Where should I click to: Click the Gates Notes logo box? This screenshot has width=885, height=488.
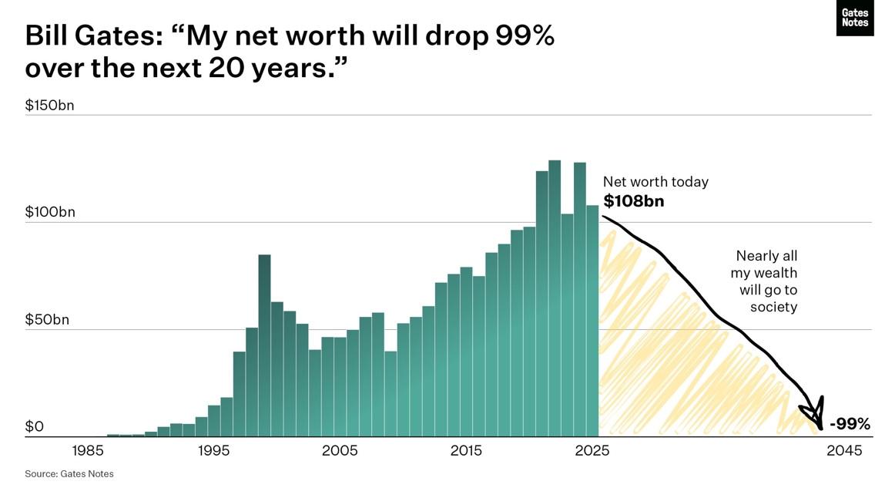point(854,18)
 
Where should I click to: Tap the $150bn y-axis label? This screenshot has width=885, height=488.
point(49,106)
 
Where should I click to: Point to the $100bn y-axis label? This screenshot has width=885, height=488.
point(50,212)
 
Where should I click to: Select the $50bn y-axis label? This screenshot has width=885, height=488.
point(47,320)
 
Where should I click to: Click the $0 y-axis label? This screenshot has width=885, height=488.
point(35,426)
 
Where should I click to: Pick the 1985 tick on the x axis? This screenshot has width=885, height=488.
point(88,451)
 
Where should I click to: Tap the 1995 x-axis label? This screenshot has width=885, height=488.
point(213,451)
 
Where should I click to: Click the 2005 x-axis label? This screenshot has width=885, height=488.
point(340,451)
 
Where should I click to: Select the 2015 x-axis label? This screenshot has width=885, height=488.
point(466,451)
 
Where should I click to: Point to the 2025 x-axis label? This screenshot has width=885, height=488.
point(592,451)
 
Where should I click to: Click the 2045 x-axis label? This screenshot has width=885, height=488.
point(844,451)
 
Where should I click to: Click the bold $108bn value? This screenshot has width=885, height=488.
point(633,202)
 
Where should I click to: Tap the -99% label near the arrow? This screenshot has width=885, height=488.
point(850,424)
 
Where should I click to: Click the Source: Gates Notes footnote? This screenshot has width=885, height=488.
point(69,474)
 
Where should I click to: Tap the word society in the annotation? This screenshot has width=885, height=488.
point(773,307)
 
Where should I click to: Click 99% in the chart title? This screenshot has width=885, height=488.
point(523,35)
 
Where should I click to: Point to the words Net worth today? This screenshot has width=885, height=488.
point(655,182)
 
